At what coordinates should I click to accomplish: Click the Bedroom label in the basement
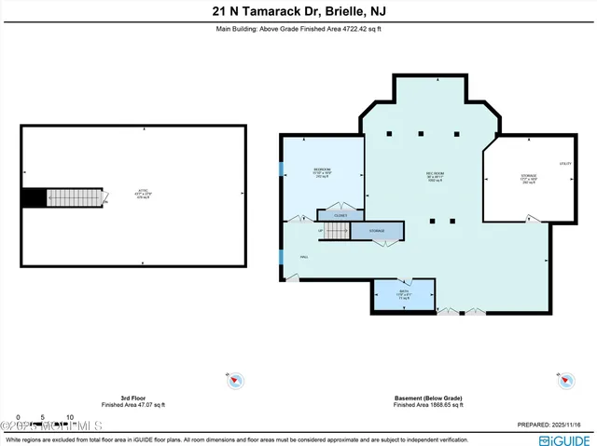pos(323,169)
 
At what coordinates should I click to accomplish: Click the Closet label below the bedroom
pos(341,215)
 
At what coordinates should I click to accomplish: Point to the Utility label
pos(564,164)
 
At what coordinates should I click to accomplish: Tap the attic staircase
pos(74,197)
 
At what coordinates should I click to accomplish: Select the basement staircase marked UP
pos(335,230)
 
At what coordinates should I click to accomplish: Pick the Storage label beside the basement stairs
pos(377,230)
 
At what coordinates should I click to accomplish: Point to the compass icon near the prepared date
pos(564,380)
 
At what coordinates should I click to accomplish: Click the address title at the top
pos(298,12)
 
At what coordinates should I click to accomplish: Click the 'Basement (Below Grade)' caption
pos(427,398)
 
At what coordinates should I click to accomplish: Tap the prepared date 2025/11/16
pos(555,425)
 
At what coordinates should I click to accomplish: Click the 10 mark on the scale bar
pos(70,416)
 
